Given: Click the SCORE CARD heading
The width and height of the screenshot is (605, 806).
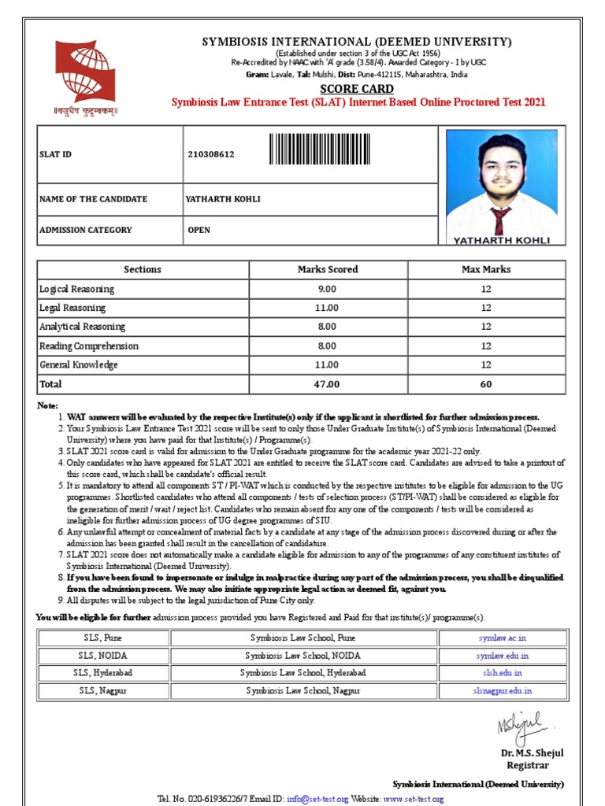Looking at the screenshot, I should [358, 89].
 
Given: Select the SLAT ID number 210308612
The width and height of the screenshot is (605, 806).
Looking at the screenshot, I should [210, 154].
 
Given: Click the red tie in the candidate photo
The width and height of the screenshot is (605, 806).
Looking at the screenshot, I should [500, 220].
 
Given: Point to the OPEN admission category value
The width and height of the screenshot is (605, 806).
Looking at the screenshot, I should [199, 230].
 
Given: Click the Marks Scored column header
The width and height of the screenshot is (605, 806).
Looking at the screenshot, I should [328, 269].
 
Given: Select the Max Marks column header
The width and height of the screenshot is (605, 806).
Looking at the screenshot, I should [486, 269].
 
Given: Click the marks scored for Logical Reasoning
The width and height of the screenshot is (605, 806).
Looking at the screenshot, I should [328, 289].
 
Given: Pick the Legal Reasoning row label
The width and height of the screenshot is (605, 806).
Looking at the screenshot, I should [72, 308].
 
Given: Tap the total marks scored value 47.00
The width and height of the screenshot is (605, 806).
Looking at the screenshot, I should [328, 384].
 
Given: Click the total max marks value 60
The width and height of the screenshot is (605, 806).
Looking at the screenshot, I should [486, 384].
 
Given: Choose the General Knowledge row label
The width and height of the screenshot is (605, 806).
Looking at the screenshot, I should [79, 365].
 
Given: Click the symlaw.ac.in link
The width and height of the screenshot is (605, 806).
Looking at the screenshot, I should [501, 638].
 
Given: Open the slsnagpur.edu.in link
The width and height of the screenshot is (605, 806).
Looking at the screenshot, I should [502, 690].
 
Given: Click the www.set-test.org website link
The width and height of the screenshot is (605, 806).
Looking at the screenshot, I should [414, 799].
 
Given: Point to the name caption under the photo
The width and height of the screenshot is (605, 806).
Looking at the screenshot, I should [501, 240].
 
